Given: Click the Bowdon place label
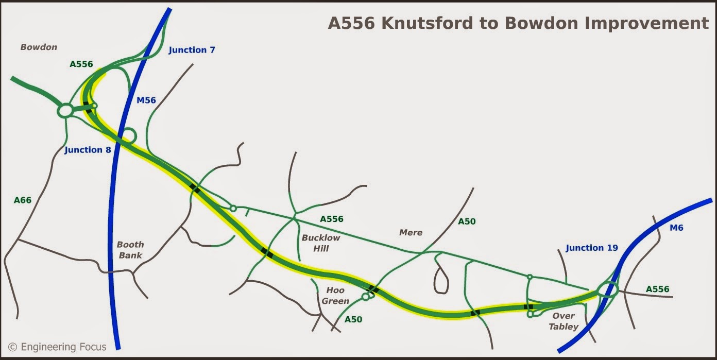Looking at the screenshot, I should point(39,47).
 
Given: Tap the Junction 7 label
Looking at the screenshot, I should point(192,50).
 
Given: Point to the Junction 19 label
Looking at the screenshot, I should point(591,248).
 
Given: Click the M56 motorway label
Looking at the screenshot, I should point(146,100).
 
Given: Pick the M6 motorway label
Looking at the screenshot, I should point(676,228).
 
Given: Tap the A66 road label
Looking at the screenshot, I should point(23,200).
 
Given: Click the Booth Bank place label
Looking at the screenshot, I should point(130,250).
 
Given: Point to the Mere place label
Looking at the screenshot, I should point(411,232).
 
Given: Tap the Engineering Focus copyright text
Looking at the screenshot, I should point(57,347).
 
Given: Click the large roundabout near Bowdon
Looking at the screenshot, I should point(65,111).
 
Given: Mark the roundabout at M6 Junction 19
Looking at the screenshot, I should point(608,291).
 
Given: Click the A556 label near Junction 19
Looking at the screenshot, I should point(657,289).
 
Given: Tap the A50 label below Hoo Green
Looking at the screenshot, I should point(353,319).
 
